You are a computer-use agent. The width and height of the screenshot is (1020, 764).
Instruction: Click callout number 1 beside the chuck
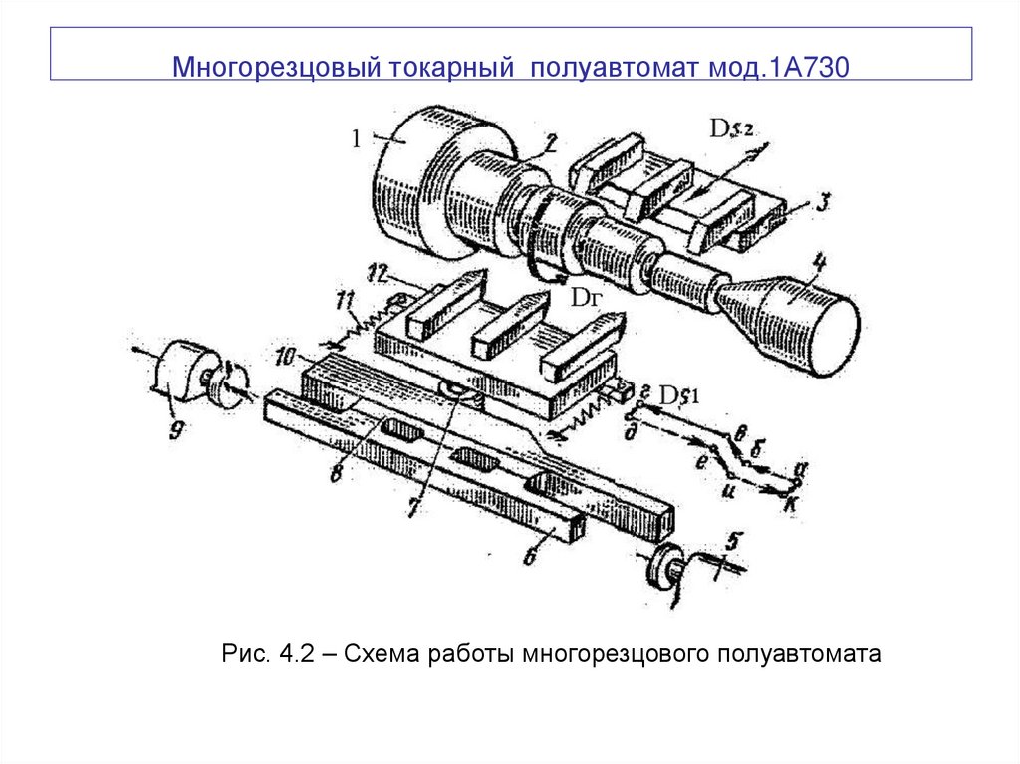355,139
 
